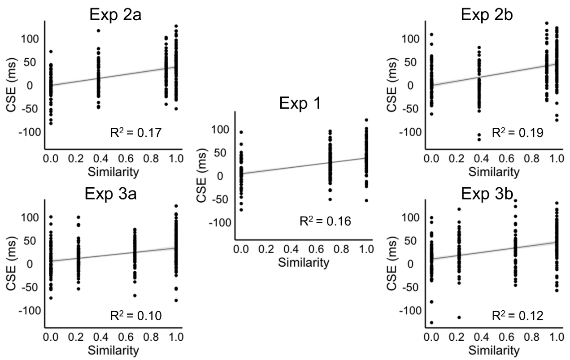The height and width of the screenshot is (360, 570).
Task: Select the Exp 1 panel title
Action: click(300, 104)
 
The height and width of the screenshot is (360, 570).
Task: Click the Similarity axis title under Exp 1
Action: click(300, 263)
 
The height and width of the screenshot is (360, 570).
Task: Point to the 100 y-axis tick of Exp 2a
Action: click(30, 39)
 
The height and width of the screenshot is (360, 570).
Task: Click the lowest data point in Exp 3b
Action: click(432, 322)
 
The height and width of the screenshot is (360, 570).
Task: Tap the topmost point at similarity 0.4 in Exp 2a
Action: click(99, 30)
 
